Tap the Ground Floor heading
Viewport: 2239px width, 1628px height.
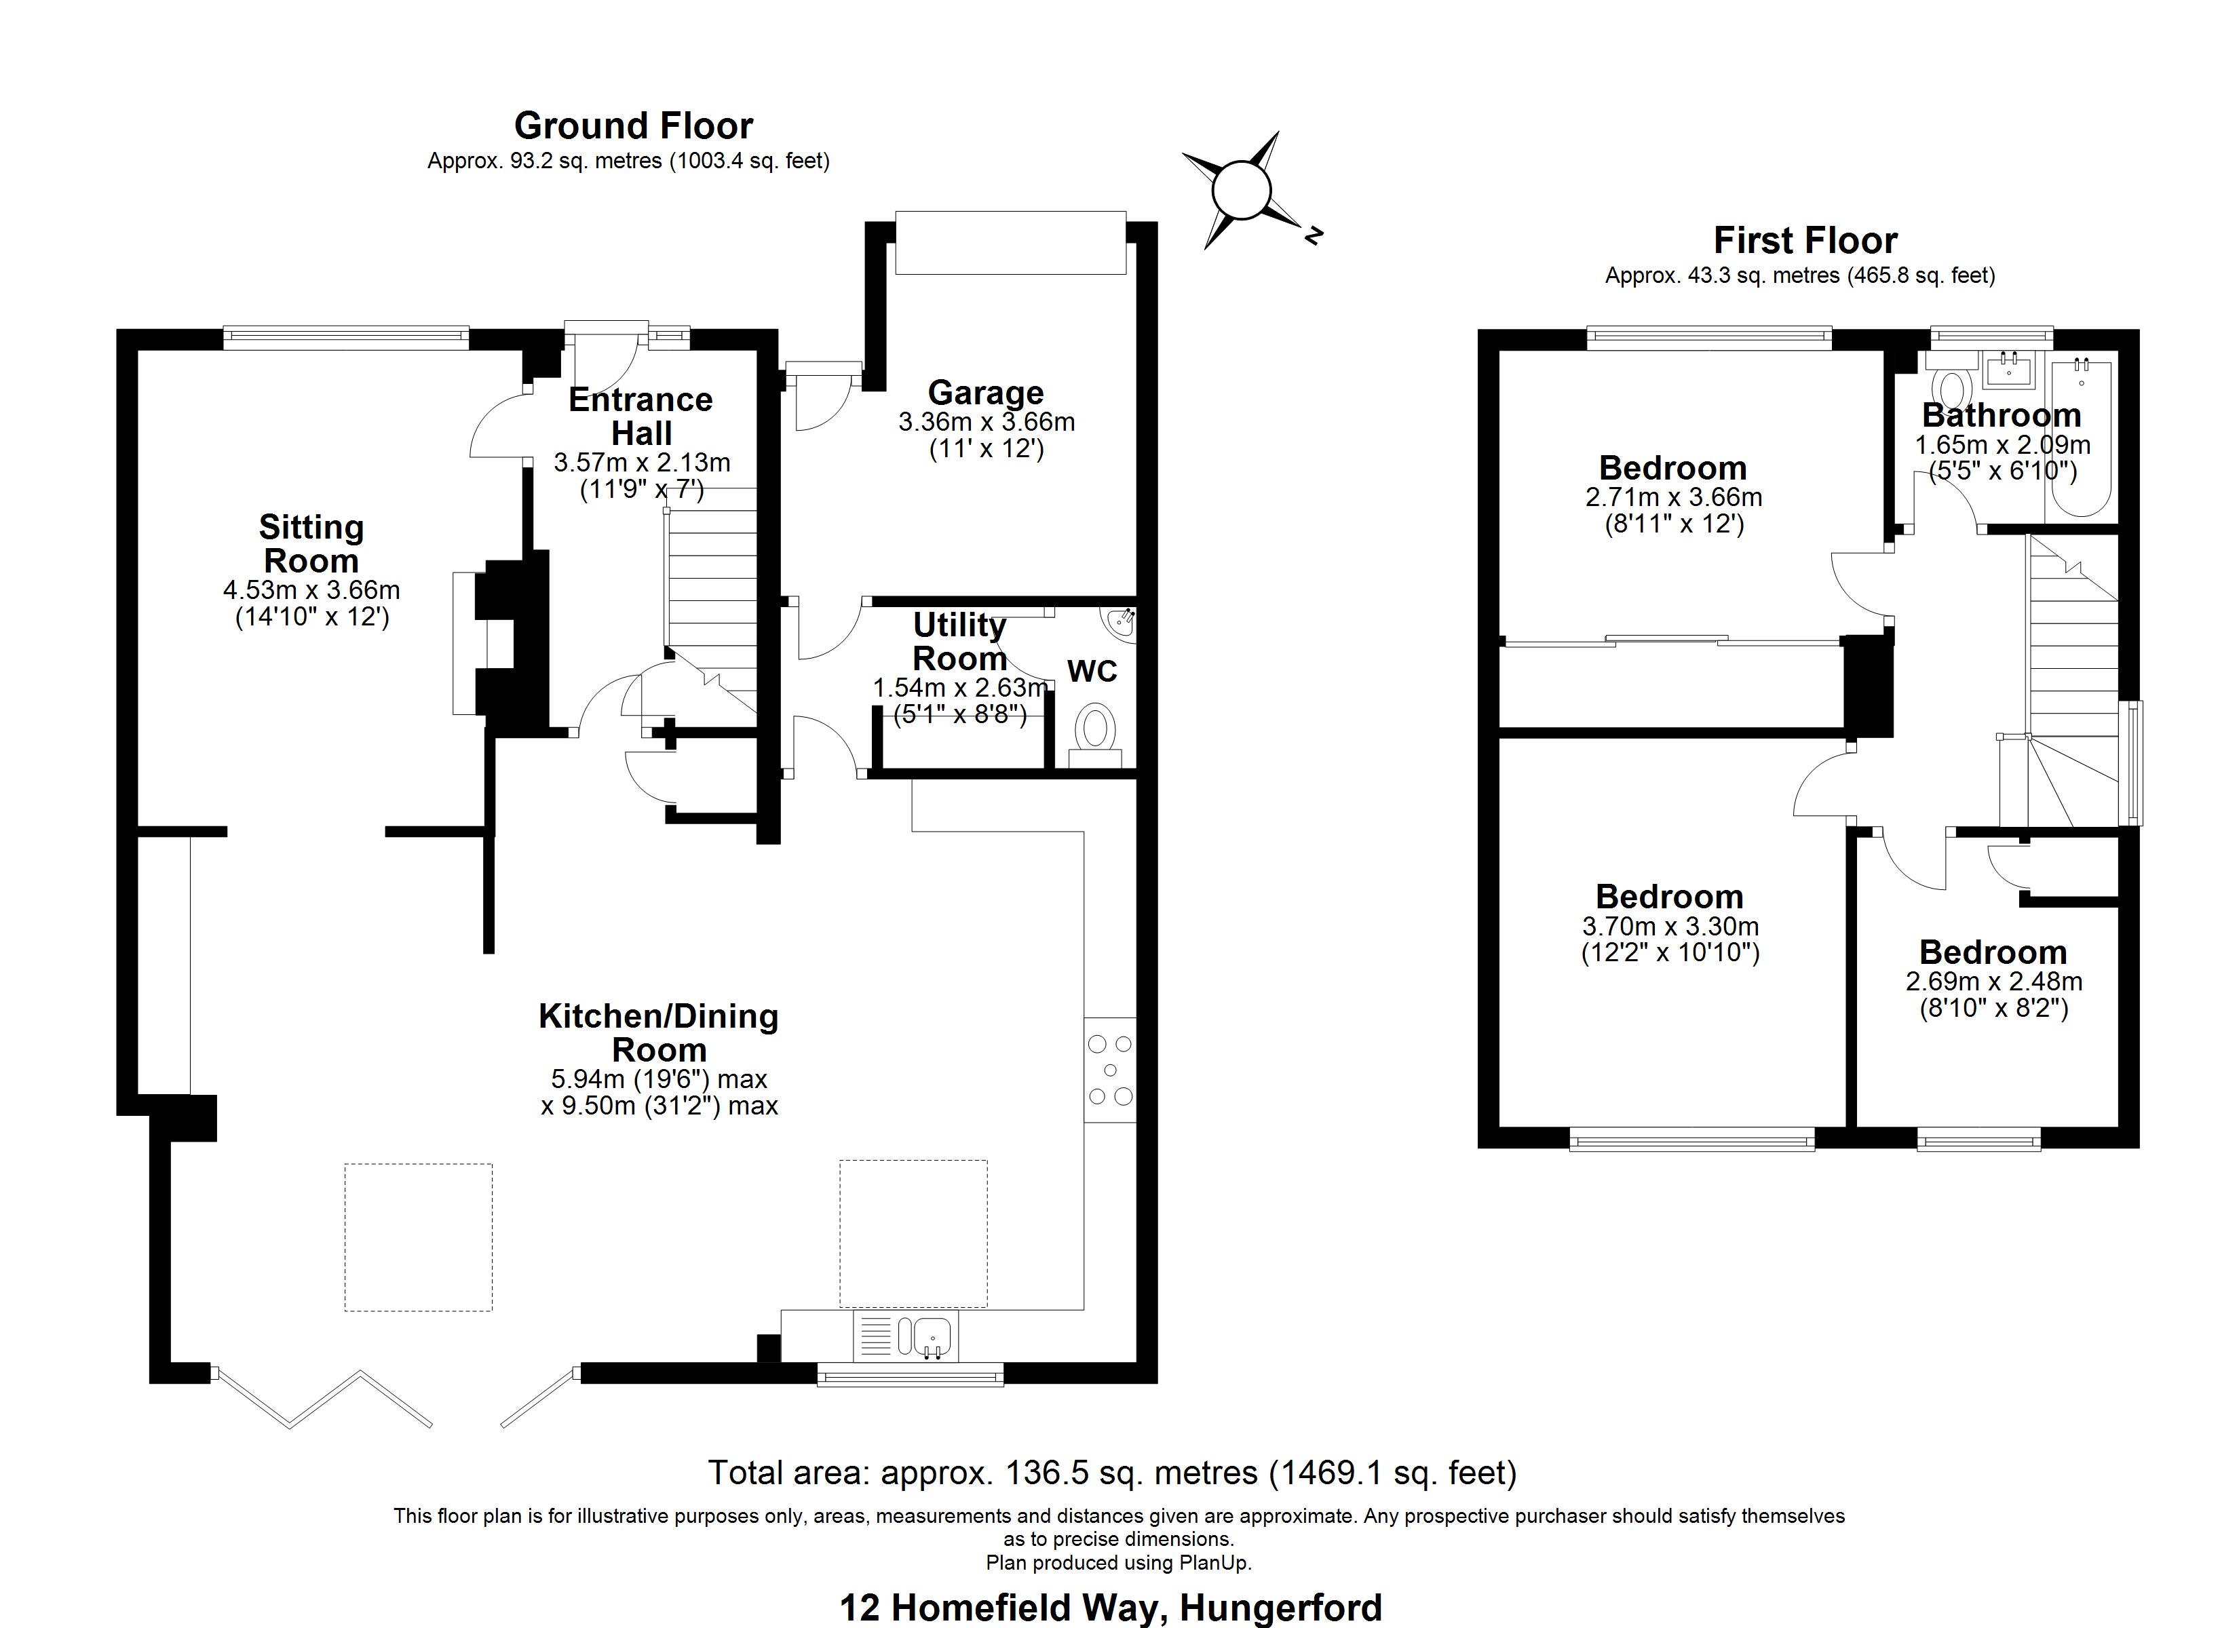pos(633,125)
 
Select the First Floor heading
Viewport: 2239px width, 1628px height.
pos(1805,240)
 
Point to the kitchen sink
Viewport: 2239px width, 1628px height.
pos(931,1338)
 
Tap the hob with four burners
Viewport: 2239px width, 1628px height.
pos(1111,1069)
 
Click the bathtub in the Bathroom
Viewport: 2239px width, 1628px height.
pos(2081,440)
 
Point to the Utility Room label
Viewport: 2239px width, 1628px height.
pos(959,641)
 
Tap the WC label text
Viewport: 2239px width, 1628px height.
pos(1092,672)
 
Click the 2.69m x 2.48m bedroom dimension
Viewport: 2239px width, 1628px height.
pos(1994,982)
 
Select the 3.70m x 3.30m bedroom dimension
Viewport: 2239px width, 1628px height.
pos(1670,926)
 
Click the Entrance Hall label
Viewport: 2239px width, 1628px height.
pos(640,416)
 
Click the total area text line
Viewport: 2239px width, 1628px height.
pos(1113,1473)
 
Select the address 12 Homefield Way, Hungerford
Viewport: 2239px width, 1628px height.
pos(1111,1607)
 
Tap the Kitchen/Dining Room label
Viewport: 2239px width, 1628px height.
pos(659,1032)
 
